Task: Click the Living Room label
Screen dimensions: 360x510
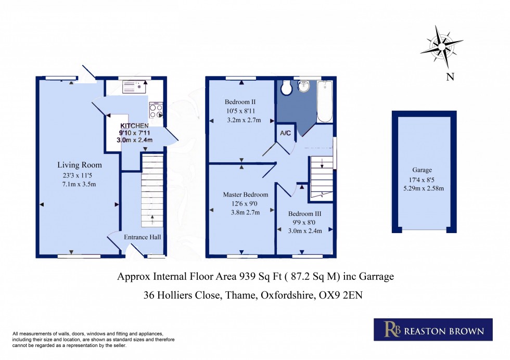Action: point(79,165)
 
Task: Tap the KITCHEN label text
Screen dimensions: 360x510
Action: point(135,126)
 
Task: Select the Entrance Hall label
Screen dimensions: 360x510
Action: point(142,237)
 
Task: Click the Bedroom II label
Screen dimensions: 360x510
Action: point(240,101)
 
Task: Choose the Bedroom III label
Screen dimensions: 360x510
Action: point(304,213)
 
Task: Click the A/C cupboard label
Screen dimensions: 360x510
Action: point(286,133)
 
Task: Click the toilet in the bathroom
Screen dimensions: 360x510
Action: point(286,88)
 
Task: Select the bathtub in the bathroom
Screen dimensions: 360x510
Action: point(325,100)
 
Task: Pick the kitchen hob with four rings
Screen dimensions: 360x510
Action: point(156,110)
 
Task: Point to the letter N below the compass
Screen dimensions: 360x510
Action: point(450,78)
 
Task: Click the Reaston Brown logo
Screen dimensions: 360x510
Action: point(433,330)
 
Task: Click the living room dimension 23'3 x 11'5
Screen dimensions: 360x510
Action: point(79,175)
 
